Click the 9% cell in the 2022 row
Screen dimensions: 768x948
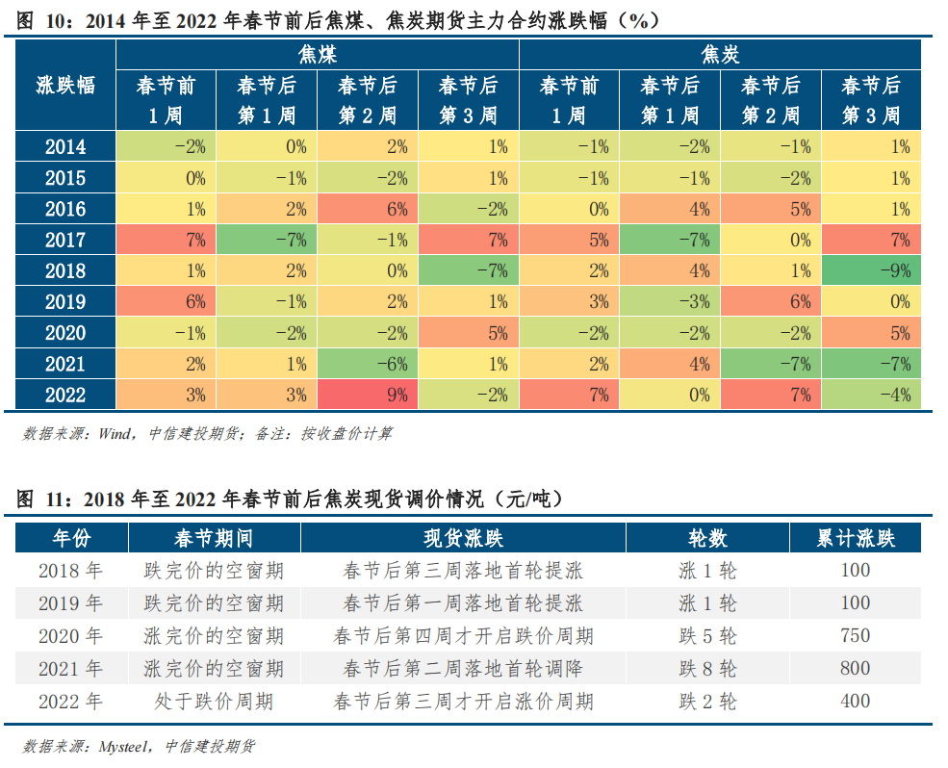(x=368, y=395)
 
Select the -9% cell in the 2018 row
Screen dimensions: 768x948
(x=871, y=270)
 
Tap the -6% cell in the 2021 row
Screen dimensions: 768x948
(x=368, y=364)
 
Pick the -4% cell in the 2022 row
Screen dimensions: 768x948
(x=871, y=395)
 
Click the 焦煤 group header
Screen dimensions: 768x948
(x=317, y=54)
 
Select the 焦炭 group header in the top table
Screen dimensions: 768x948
(x=720, y=54)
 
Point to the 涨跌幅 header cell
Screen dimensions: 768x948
(x=65, y=85)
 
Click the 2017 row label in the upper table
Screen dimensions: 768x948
(x=65, y=240)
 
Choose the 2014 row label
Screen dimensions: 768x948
(x=65, y=147)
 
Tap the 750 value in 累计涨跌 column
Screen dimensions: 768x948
(x=855, y=635)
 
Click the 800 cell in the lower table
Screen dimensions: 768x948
(x=855, y=668)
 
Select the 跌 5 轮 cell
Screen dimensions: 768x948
(x=707, y=635)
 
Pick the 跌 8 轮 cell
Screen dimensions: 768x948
(x=707, y=668)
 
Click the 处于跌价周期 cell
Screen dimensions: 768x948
(x=214, y=701)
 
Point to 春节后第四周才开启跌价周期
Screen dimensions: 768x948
(x=463, y=635)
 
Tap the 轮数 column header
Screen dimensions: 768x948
(x=707, y=537)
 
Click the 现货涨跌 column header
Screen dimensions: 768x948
(x=463, y=537)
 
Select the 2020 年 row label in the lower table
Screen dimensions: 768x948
(x=70, y=635)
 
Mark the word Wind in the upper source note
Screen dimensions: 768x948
(x=116, y=434)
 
